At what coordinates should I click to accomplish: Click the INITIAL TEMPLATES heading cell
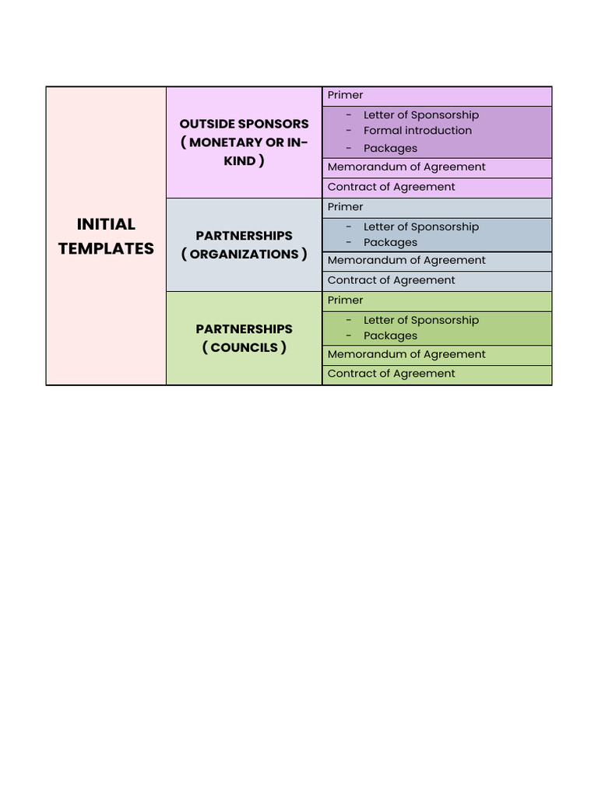click(x=106, y=236)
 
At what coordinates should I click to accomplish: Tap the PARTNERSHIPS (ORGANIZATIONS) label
click(x=244, y=244)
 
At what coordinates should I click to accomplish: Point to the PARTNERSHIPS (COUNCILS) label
click(x=244, y=338)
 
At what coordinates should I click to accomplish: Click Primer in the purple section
click(x=346, y=96)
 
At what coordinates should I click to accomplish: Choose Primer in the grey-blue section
click(x=346, y=207)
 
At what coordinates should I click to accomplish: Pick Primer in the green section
click(x=346, y=300)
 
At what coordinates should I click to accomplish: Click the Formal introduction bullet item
click(x=417, y=131)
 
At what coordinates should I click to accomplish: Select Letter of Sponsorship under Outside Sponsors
click(x=421, y=115)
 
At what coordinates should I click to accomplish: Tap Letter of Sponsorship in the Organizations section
click(x=421, y=227)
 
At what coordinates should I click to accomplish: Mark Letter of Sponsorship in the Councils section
click(x=421, y=321)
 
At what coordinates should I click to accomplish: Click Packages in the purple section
click(x=390, y=149)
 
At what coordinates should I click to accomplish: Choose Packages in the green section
click(x=390, y=336)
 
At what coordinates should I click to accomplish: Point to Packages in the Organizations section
click(x=390, y=243)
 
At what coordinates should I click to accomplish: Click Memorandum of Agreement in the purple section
click(x=406, y=167)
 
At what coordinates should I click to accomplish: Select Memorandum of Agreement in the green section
click(x=406, y=355)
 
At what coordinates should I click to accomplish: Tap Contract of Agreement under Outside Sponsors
click(x=392, y=188)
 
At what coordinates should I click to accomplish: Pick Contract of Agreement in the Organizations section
click(x=392, y=281)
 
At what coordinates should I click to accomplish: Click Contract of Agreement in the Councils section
click(x=392, y=374)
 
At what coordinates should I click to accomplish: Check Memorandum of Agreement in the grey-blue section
click(x=406, y=261)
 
